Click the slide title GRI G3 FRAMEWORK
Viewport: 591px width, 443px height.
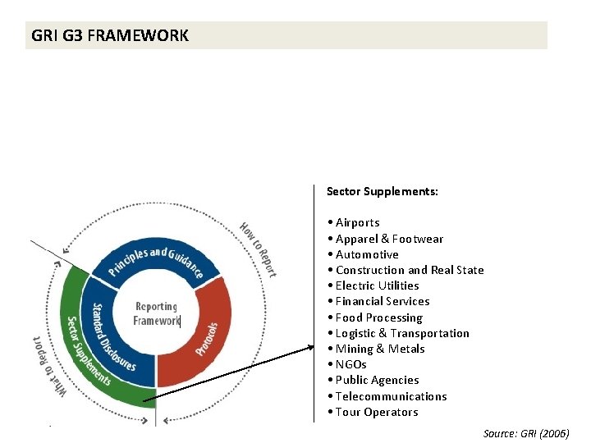(x=110, y=36)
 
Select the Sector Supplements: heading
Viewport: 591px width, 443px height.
(x=382, y=191)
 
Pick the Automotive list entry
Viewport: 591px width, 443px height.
(x=367, y=254)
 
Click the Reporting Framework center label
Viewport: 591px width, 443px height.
(x=156, y=313)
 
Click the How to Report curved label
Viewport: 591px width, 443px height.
(x=258, y=249)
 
